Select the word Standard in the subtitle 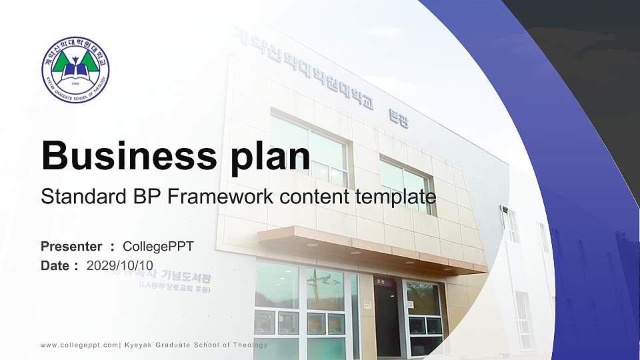click(77, 197)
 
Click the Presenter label click(71, 247)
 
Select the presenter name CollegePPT click(158, 247)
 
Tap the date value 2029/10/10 click(120, 265)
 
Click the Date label click(56, 265)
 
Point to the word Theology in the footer click(249, 345)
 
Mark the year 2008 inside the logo click(75, 84)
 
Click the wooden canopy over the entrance click(367, 250)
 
